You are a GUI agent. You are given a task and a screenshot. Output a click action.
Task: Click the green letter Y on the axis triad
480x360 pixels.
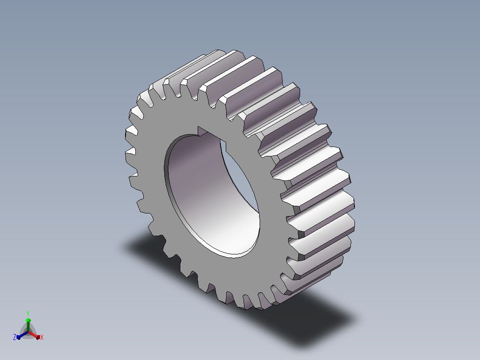click(28, 313)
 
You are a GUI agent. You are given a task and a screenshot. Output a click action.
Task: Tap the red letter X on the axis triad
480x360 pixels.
click(42, 337)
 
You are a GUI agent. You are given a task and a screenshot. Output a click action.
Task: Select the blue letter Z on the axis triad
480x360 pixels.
click(15, 337)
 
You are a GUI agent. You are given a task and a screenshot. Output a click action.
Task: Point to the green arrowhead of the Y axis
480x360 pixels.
click(28, 320)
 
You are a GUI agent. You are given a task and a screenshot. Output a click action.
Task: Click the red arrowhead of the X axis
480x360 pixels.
click(37, 337)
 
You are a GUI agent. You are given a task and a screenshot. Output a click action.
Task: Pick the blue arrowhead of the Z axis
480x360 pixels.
click(19, 337)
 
